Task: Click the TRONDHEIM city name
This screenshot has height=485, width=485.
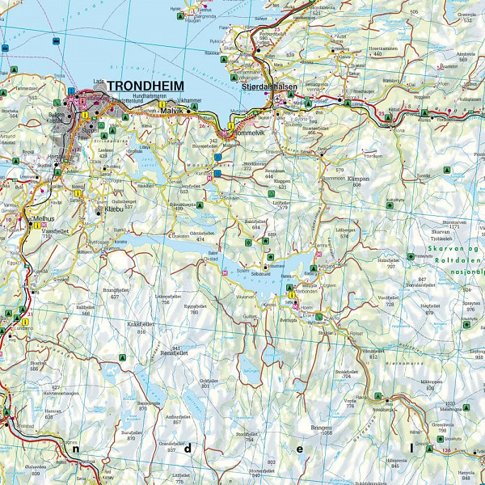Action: (x=145, y=86)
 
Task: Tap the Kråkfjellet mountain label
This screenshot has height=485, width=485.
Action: (x=146, y=323)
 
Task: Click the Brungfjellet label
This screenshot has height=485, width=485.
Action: (x=117, y=288)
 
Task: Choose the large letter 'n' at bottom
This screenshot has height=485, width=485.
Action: (x=76, y=446)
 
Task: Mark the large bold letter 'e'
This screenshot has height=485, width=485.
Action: (x=300, y=447)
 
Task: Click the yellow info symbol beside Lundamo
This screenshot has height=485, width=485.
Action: (x=25, y=322)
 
